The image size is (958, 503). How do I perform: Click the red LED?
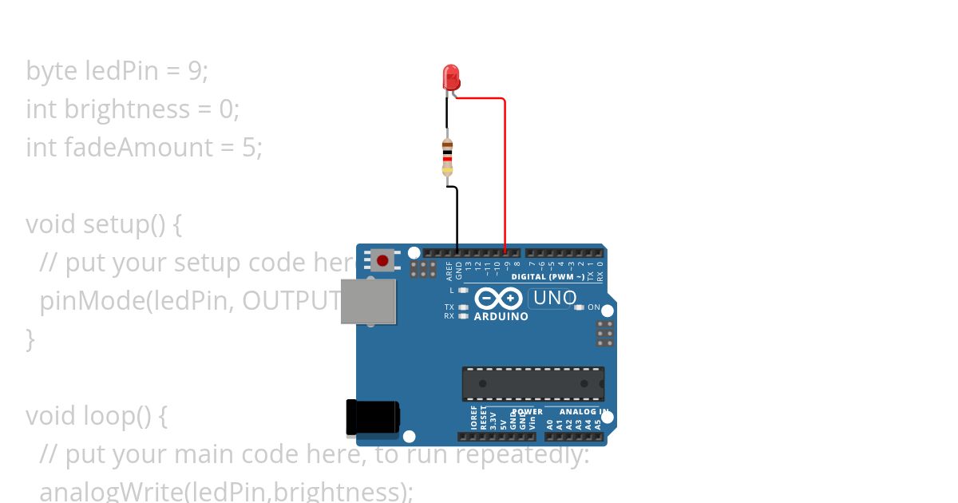(451, 77)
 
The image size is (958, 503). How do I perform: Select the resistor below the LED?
(447, 157)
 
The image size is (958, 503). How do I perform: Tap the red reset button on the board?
(383, 260)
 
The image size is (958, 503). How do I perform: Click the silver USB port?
(368, 301)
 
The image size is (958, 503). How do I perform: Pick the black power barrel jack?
(372, 418)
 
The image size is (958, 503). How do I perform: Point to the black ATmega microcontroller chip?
(532, 384)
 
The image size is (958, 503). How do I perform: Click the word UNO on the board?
(553, 298)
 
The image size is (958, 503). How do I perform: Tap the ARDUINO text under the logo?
(501, 316)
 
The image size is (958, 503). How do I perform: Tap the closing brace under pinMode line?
(30, 339)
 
